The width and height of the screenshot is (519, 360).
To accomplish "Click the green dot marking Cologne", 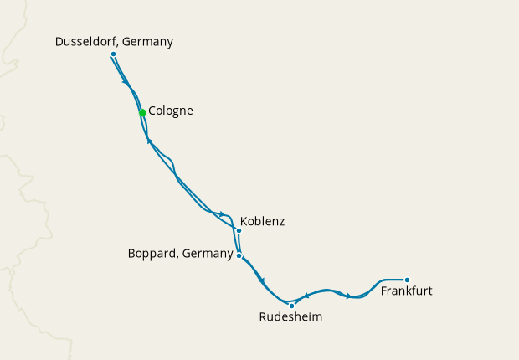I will click(142, 112).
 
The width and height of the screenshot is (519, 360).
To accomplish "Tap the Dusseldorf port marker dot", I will click(113, 54).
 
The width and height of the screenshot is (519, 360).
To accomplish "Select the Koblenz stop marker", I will click(239, 230).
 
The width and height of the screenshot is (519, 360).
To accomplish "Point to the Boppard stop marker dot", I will click(239, 255).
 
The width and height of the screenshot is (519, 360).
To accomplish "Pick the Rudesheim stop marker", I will click(291, 306).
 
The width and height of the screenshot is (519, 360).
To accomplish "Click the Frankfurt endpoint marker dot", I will click(407, 280).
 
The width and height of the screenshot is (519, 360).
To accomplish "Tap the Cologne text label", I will click(171, 111).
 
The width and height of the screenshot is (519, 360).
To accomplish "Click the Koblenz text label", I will click(262, 222).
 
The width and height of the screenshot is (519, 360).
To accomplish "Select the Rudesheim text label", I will click(290, 318).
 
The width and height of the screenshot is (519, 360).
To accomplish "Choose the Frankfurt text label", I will click(407, 292).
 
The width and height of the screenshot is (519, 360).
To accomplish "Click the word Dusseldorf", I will click(85, 41).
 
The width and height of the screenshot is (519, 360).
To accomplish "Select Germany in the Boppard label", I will click(205, 254).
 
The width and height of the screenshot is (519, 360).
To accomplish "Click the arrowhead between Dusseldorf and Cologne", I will click(126, 81).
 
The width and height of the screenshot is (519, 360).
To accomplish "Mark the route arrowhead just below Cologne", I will click(149, 141).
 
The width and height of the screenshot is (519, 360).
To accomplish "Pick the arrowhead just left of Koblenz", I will click(222, 214).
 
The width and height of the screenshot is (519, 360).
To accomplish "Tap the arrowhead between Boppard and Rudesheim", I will click(262, 280).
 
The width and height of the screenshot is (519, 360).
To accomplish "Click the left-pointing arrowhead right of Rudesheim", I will click(306, 295).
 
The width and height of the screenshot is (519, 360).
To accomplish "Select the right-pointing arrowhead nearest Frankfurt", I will click(349, 296).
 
